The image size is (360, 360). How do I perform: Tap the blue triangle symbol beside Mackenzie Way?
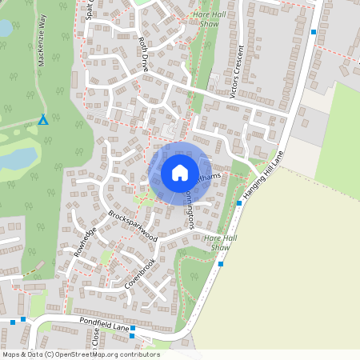(x=43, y=120)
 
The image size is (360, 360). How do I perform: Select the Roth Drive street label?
(x=143, y=55)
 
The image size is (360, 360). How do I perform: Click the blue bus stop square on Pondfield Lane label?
(x=133, y=329)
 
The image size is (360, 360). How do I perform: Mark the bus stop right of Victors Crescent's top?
(x=314, y=32)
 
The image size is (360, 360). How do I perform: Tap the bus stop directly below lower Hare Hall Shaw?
(x=221, y=263)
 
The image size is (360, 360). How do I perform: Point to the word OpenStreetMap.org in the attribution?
(x=98, y=354)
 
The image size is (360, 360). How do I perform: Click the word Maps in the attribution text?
(x=12, y=354)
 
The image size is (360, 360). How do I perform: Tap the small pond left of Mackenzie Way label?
(x=5, y=29)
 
